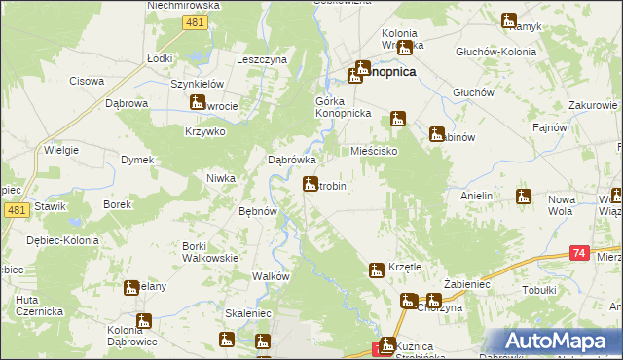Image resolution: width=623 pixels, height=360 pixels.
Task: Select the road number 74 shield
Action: point(579,253)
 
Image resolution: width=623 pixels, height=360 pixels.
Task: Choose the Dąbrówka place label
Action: point(292,161)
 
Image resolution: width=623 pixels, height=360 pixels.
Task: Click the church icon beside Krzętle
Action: point(377,270)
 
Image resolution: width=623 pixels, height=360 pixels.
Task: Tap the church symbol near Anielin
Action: point(524,197)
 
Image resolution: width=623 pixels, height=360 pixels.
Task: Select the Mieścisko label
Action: point(377,152)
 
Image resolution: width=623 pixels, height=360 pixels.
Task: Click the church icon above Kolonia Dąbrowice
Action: point(144,321)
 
